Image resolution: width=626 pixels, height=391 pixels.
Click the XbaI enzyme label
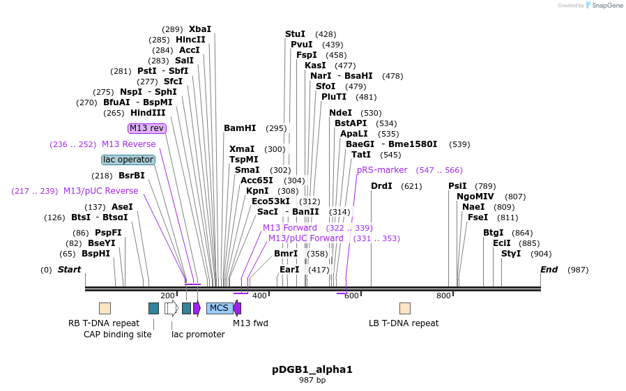pos(199,29)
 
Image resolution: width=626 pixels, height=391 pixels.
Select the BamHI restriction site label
pos(240,128)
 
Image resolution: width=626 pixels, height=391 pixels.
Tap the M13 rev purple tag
pos(147,128)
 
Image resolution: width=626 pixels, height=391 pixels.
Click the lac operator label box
pos(128,160)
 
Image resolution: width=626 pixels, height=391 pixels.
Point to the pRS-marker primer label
pos(382,170)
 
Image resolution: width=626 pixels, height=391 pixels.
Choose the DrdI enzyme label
pos(382,186)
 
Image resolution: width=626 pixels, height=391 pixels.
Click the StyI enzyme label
pos(511,254)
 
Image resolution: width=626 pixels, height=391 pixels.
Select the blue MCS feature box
pos(219,308)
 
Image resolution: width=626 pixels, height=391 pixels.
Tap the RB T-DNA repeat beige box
pos(105,308)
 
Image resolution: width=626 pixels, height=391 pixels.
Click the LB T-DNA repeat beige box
pos(404,308)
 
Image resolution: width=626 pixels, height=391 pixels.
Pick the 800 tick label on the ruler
pos(443,296)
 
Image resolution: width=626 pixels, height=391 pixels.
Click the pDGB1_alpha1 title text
pos(312,369)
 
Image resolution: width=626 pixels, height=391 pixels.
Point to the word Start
pos(69,270)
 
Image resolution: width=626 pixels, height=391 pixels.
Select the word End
pos(549,270)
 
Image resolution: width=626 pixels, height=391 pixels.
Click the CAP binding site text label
pos(118,335)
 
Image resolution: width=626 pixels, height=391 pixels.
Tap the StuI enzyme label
pos(296,34)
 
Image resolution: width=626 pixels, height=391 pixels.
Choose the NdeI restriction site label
pos(341,113)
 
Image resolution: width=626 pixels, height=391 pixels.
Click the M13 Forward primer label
pos(290,228)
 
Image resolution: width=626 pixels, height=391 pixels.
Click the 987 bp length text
pos(312,381)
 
